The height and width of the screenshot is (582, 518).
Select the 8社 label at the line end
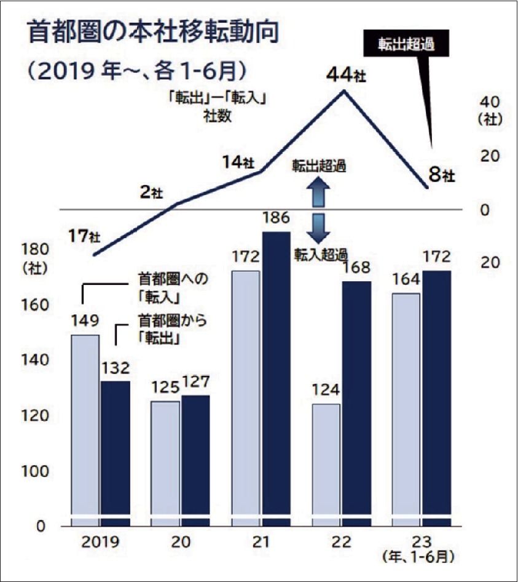point(441,176)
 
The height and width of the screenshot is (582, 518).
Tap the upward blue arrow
point(319,191)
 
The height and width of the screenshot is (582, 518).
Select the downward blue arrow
point(319,228)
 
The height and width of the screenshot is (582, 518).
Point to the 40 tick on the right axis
point(489,101)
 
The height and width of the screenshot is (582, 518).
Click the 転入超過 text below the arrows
point(318,253)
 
